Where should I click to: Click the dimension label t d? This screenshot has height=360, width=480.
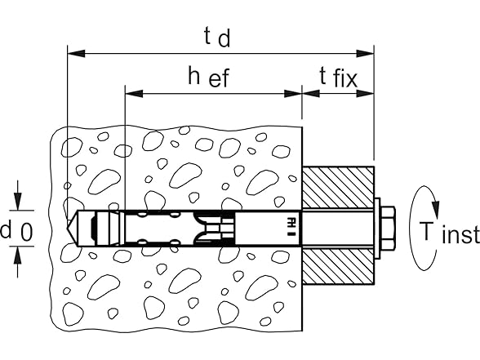[217, 38]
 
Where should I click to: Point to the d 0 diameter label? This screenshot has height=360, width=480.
[16, 232]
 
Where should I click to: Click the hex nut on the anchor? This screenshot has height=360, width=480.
[388, 228]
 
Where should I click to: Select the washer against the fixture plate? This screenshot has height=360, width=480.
[377, 228]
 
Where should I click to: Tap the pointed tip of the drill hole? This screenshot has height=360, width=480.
[67, 228]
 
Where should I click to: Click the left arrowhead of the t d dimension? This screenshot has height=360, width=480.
[76, 53]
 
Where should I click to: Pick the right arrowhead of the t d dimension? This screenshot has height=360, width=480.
[365, 53]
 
